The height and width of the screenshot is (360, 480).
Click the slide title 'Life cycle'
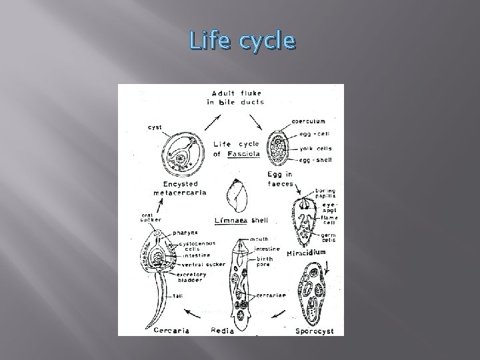241,42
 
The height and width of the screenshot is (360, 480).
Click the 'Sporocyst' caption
313,329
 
